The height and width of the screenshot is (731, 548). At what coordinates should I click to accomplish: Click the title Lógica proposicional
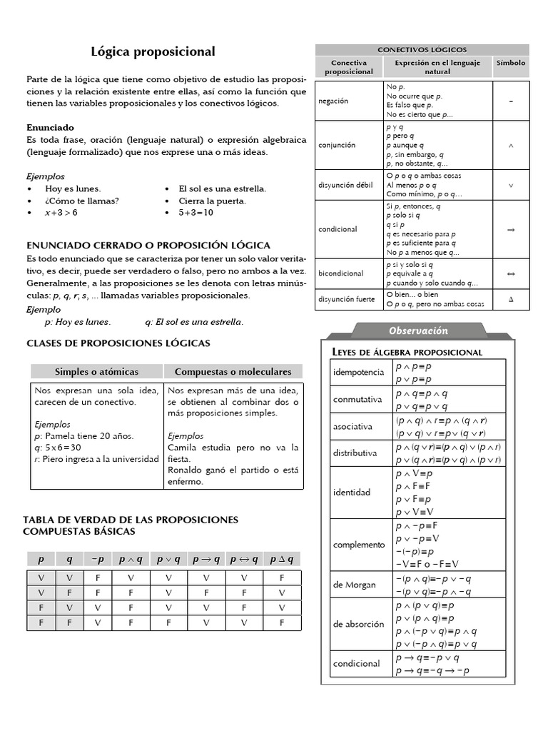[x=153, y=52]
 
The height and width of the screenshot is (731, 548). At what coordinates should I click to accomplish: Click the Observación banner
[x=418, y=331]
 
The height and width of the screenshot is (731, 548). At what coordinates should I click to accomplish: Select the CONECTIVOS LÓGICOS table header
[x=422, y=50]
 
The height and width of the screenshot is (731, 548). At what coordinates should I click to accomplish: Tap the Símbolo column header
[x=510, y=63]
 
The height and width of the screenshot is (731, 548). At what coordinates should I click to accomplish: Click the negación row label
[x=333, y=101]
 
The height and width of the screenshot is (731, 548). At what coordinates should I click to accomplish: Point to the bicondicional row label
[x=341, y=273]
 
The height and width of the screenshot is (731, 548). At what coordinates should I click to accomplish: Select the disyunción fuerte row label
[x=346, y=299]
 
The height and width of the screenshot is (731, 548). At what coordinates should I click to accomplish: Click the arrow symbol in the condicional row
[x=510, y=230]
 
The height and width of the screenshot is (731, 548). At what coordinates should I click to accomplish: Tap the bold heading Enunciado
[x=51, y=127]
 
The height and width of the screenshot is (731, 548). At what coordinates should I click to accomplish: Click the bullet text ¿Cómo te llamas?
[x=82, y=201]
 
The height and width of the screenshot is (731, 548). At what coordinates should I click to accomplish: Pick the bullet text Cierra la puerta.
[x=212, y=201]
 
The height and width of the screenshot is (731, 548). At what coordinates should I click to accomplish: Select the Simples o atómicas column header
[x=97, y=372]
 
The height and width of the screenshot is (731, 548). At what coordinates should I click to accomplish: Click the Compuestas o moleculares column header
[x=233, y=372]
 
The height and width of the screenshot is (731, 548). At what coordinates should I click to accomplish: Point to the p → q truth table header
[x=206, y=560]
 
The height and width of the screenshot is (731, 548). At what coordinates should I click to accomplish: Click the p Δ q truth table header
[x=283, y=560]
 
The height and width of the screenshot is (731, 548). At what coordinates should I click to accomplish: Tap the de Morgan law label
[x=354, y=585]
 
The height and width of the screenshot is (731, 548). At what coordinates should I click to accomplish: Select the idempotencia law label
[x=358, y=373]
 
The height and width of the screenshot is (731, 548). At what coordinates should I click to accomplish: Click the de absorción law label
[x=358, y=624]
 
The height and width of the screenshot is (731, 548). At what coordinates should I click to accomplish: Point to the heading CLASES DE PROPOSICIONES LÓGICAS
[x=118, y=343]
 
